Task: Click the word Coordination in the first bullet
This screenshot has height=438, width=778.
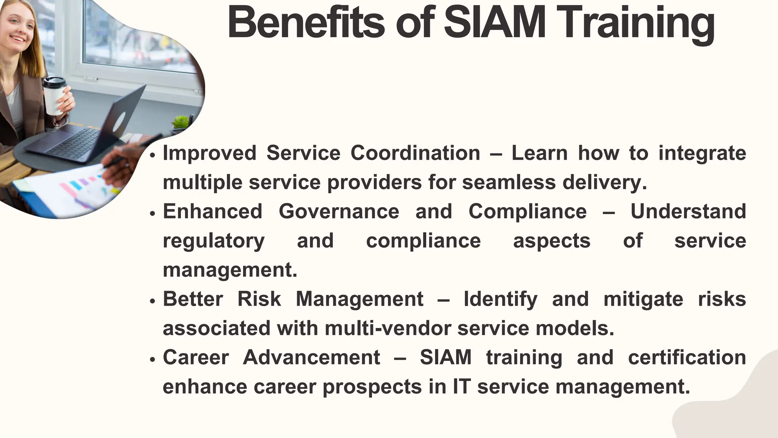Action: click(x=415, y=153)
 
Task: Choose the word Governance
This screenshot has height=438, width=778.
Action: click(x=339, y=211)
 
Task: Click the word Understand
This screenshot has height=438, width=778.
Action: click(x=688, y=211)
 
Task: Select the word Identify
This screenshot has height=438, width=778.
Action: click(x=500, y=300)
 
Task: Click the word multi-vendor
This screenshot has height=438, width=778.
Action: click(x=388, y=328)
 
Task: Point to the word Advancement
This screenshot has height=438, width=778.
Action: click(x=312, y=357)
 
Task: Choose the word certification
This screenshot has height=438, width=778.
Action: click(x=687, y=357)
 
